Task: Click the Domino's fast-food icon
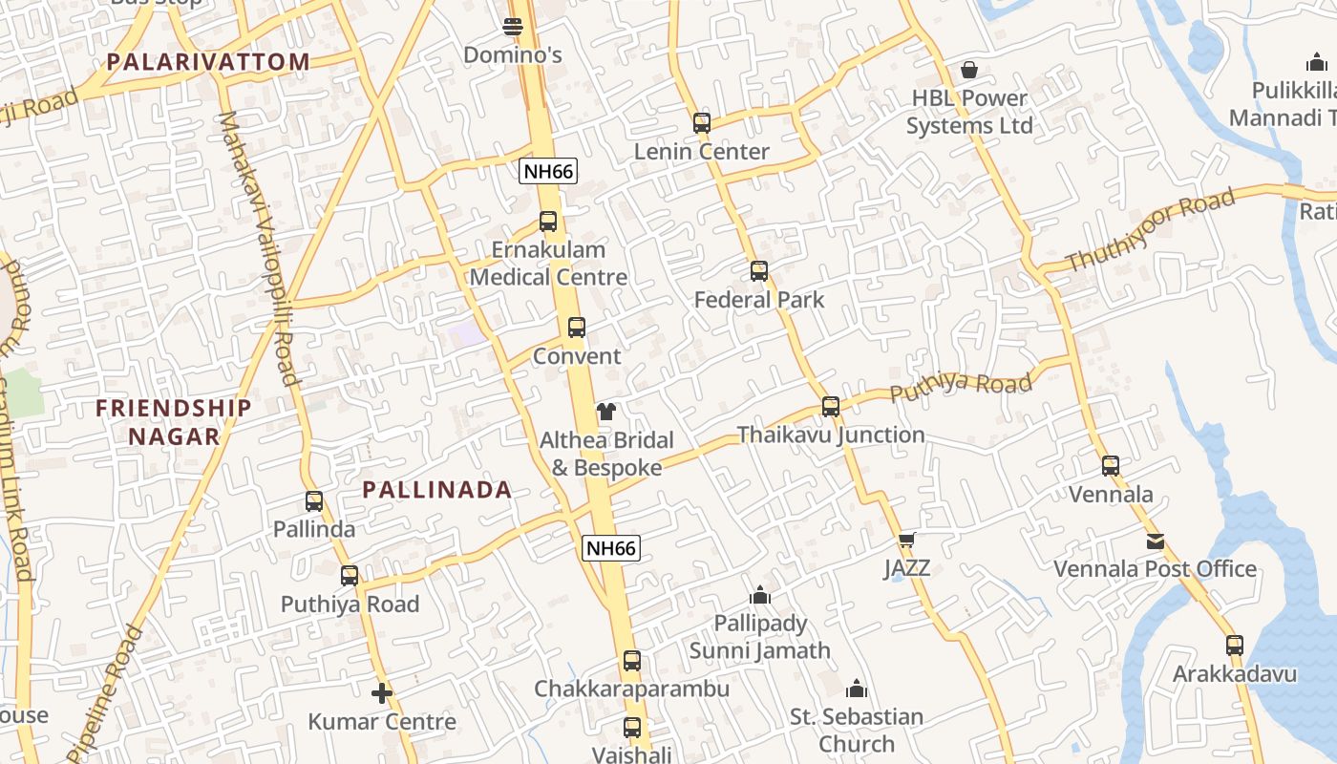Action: (x=513, y=27)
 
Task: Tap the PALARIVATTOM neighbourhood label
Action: (x=208, y=62)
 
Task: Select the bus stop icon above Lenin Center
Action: (x=702, y=123)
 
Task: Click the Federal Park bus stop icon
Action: (x=759, y=271)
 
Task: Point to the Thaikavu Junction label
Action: (x=831, y=435)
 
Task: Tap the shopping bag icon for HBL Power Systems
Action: (x=969, y=70)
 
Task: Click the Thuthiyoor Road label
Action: (x=1150, y=229)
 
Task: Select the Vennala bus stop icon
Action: (x=1111, y=466)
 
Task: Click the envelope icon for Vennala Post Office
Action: (x=1156, y=541)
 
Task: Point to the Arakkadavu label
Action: (x=1235, y=674)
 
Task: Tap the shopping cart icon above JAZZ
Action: (x=907, y=541)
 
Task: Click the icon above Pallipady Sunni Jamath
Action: (x=760, y=596)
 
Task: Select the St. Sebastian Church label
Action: (x=857, y=730)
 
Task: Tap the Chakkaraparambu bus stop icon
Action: (x=631, y=661)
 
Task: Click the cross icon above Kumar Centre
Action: (x=382, y=693)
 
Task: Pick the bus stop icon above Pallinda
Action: (x=314, y=501)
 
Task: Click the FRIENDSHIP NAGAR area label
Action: (x=174, y=422)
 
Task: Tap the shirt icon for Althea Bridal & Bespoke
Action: (x=606, y=413)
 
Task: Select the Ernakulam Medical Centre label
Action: (x=549, y=264)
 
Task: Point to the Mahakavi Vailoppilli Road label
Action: (x=260, y=248)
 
